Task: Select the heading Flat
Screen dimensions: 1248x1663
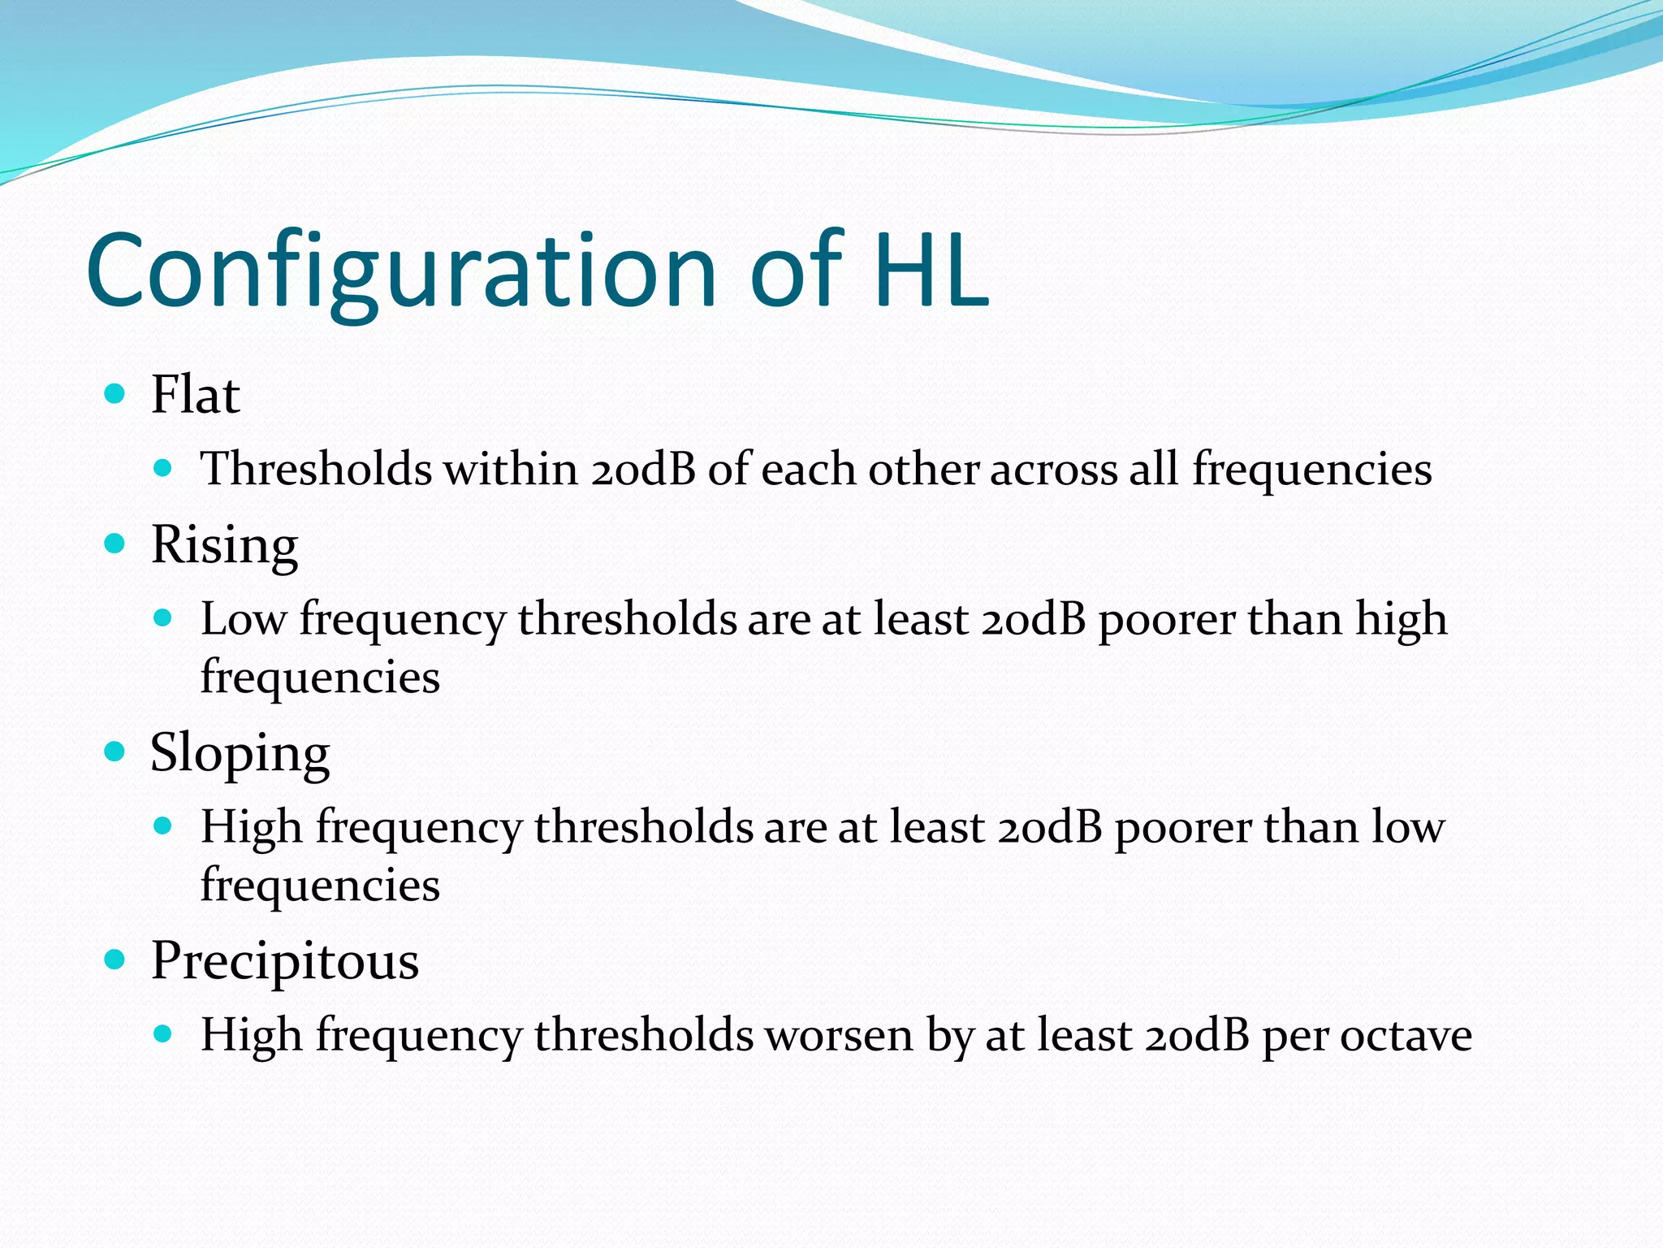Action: (x=195, y=396)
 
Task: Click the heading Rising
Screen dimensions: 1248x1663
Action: (x=224, y=545)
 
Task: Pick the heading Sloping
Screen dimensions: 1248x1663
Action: (x=240, y=753)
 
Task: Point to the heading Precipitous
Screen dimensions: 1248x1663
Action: (x=284, y=961)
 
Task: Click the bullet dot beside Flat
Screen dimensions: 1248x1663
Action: (x=115, y=395)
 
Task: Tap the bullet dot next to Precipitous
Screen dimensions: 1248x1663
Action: (x=115, y=960)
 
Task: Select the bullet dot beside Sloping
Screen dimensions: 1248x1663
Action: (x=115, y=752)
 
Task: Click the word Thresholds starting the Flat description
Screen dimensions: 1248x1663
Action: (x=316, y=470)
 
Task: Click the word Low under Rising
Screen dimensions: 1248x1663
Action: (x=243, y=619)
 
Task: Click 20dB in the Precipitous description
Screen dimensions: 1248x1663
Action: (x=1197, y=1036)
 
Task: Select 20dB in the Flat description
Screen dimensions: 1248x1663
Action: (x=643, y=470)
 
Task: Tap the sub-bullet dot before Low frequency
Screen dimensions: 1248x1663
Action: (x=163, y=618)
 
